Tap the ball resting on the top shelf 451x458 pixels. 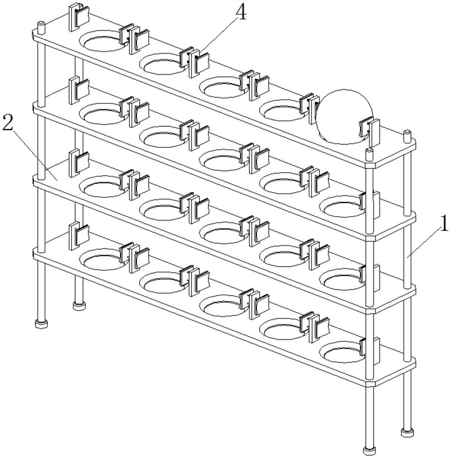click(x=345, y=117)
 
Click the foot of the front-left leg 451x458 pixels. click(x=41, y=324)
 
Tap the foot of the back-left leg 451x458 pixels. click(x=79, y=306)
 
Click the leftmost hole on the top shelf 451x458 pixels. click(x=103, y=42)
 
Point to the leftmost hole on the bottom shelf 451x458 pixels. click(x=103, y=259)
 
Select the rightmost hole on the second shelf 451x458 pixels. click(x=342, y=207)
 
